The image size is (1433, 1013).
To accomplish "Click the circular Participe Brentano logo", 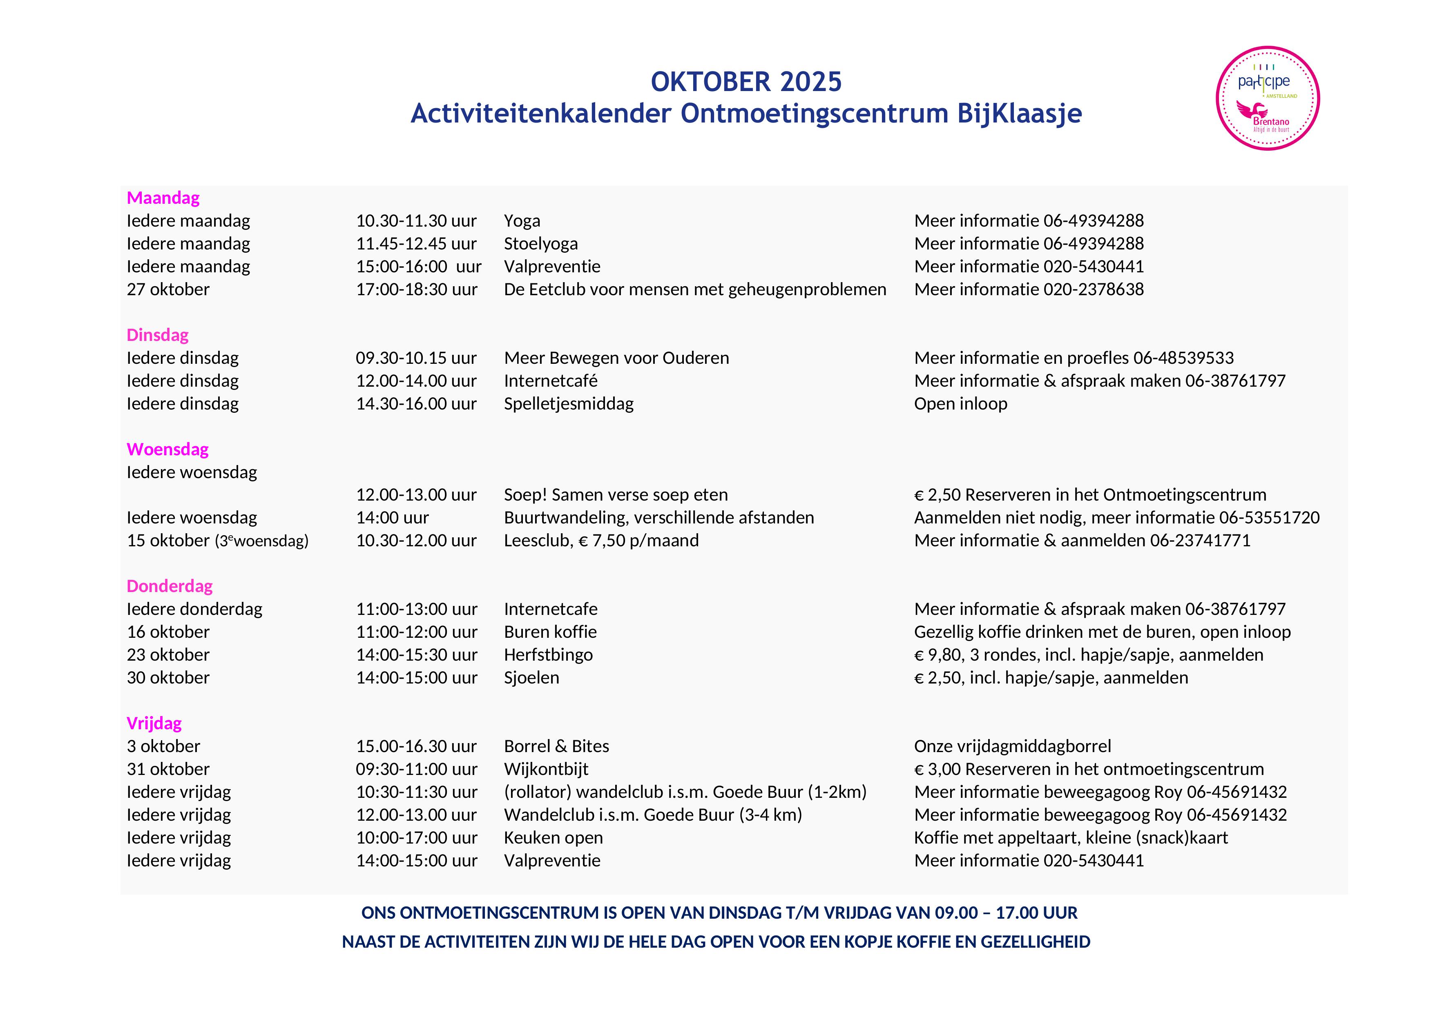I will pyautogui.click(x=1267, y=98).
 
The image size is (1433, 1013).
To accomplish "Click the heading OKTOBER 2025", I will pyautogui.click(x=746, y=82).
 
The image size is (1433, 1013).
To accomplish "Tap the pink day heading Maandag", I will pyautogui.click(x=163, y=198).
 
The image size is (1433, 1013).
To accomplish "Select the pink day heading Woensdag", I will pyautogui.click(x=167, y=449).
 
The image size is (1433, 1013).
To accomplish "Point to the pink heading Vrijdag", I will pyautogui.click(x=154, y=723).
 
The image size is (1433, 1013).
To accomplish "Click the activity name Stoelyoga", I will pyautogui.click(x=540, y=243).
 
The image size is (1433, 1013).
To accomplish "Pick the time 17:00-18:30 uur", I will pyautogui.click(x=416, y=289).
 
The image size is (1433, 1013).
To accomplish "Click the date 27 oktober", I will pyautogui.click(x=168, y=289).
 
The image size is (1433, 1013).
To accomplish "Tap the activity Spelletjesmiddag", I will pyautogui.click(x=569, y=403).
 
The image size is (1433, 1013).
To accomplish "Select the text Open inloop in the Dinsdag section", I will pyautogui.click(x=960, y=403).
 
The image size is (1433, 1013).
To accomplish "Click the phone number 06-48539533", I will pyautogui.click(x=1183, y=358).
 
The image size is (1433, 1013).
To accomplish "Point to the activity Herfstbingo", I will pyautogui.click(x=548, y=655).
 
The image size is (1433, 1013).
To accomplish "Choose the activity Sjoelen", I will pyautogui.click(x=531, y=677).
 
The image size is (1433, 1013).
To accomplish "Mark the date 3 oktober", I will pyautogui.click(x=163, y=746).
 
